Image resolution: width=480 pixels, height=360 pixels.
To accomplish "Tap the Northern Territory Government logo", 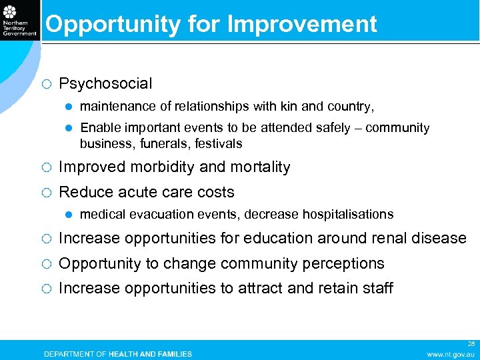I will [19, 19].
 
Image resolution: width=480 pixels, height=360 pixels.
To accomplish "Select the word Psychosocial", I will [105, 84].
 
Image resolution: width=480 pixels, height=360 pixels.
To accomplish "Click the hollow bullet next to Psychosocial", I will [44, 84].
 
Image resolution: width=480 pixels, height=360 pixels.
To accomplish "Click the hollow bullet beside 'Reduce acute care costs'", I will [44, 193].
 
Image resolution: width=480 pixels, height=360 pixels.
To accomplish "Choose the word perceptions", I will [343, 264].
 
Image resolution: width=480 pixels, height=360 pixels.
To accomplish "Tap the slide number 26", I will [471, 343].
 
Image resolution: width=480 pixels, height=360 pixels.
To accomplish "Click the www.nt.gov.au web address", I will [451, 354].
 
